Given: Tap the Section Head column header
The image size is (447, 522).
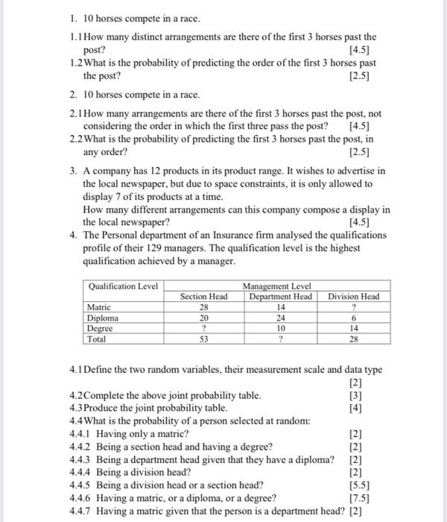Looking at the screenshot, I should [204, 296].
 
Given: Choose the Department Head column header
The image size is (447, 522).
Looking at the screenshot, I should [280, 296].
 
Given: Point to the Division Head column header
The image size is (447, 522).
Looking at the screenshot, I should [354, 296].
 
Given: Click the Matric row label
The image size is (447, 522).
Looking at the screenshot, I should [99, 306].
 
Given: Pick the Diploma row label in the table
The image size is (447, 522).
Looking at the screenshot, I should [103, 317].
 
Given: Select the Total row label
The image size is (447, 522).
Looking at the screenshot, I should [97, 339].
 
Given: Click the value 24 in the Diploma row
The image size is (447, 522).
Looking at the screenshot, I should [281, 317].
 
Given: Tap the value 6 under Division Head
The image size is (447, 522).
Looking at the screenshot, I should [354, 317].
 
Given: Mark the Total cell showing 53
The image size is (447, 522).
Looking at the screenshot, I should [204, 339].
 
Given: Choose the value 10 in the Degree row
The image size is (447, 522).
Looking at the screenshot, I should [281, 328].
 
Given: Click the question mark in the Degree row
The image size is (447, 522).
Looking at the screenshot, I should [204, 328].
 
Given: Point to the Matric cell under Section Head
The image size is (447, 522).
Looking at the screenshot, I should [204, 306].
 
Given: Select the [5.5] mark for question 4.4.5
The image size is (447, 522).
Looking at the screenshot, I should [358, 484].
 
